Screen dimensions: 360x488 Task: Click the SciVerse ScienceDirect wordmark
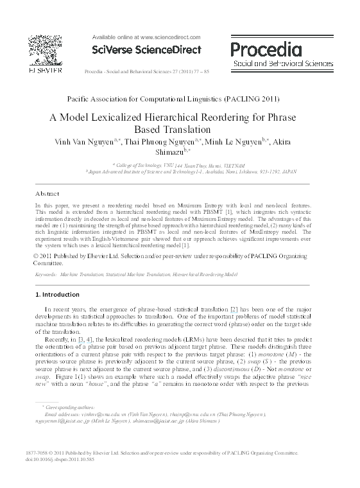pos(147,49)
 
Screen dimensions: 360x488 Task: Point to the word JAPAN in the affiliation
pos(289,173)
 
